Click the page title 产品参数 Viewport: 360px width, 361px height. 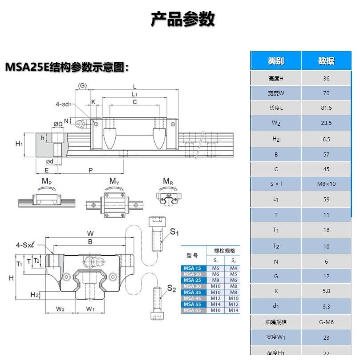[x=183, y=20]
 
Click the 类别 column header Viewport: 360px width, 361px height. [x=276, y=61]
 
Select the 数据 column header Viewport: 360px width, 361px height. [x=326, y=61]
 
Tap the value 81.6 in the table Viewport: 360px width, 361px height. [x=326, y=108]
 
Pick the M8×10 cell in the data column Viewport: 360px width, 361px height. [x=326, y=184]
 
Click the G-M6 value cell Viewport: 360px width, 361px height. [x=326, y=322]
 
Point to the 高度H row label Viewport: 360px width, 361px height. [x=276, y=79]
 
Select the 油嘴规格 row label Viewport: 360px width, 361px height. [x=276, y=322]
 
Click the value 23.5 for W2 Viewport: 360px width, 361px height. [x=326, y=123]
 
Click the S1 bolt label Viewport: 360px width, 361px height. [x=174, y=232]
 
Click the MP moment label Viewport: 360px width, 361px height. [x=47, y=181]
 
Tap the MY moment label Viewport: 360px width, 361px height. [x=115, y=181]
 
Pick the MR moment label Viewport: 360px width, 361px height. [x=168, y=181]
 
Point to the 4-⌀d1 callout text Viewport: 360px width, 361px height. [x=65, y=104]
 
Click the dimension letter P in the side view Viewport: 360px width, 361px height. [x=91, y=170]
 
